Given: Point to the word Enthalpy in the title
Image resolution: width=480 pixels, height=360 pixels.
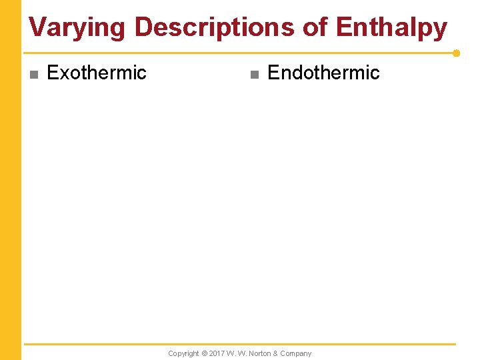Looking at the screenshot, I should click(391, 28).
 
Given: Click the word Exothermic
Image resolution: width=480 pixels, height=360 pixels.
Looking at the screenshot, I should click(97, 73).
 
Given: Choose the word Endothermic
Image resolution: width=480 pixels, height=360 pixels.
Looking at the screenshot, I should click(323, 73).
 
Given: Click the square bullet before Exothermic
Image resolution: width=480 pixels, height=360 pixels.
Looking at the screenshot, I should click(34, 74).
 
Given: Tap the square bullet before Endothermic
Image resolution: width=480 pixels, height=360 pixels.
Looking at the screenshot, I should click(253, 74).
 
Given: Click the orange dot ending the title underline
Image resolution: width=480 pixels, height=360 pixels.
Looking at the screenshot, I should click(456, 53).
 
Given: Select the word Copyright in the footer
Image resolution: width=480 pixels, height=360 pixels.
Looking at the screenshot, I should click(183, 353).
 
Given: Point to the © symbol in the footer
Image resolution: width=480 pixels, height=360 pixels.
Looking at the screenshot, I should click(204, 353).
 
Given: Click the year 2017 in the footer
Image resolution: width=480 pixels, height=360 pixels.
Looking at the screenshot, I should click(217, 353).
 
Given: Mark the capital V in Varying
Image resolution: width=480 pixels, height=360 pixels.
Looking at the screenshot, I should click(38, 28).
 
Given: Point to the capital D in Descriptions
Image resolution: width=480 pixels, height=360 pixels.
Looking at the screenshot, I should click(143, 28).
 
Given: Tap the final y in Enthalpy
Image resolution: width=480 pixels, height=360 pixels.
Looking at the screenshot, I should click(440, 31).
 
